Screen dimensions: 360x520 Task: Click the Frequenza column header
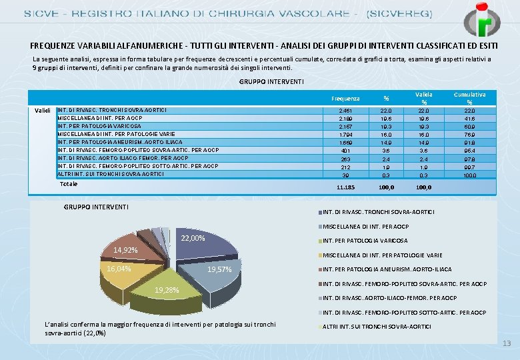pyautogui.click(x=345, y=99)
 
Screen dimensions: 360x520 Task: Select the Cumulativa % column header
pyautogui.click(x=469, y=98)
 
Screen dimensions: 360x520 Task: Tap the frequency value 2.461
pyautogui.click(x=345, y=111)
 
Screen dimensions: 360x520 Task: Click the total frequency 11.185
pyautogui.click(x=345, y=187)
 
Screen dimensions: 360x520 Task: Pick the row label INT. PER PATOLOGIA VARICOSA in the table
pyautogui.click(x=99, y=125)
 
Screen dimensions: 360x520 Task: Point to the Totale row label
pyautogui.click(x=68, y=183)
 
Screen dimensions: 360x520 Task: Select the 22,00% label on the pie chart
pyautogui.click(x=193, y=238)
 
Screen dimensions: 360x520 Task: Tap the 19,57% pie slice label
pyautogui.click(x=219, y=270)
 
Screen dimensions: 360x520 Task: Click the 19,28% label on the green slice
pyautogui.click(x=166, y=291)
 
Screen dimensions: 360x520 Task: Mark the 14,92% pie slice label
pyautogui.click(x=125, y=250)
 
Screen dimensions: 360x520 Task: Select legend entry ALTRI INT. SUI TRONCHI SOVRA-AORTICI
pyautogui.click(x=377, y=327)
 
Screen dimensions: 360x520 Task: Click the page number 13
pyautogui.click(x=506, y=343)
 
